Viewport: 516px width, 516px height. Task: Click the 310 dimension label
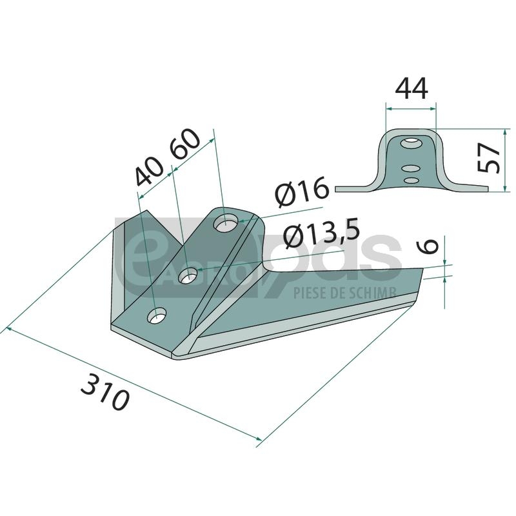105,393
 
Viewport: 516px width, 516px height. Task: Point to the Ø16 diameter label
302,192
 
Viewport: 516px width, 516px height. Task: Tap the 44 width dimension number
412,88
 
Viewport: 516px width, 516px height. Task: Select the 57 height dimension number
489,157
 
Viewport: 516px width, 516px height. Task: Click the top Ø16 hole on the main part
226,223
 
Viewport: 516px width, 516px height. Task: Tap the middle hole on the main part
188,275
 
